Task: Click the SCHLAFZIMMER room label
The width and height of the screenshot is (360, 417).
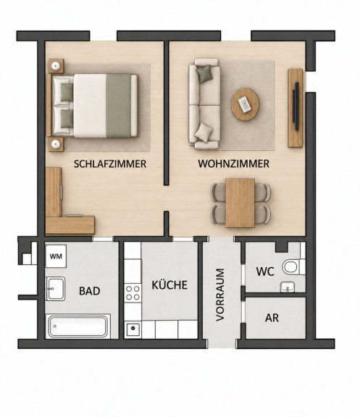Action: tap(110, 164)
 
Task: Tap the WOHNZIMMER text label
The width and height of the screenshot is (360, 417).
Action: tap(234, 164)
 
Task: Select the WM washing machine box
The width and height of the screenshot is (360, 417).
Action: tap(56, 256)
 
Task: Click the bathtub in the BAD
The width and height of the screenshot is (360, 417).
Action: tap(78, 327)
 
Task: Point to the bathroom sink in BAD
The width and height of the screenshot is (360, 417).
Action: tap(55, 289)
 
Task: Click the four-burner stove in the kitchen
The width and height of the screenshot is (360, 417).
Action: tap(133, 292)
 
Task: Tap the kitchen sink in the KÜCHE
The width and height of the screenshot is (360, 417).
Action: tap(133, 329)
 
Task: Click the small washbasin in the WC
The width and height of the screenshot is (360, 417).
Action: tap(288, 287)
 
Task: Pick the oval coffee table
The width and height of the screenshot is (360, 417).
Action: tap(245, 104)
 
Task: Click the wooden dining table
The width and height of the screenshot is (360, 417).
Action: tap(240, 203)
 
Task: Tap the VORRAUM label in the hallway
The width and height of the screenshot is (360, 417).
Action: tap(221, 295)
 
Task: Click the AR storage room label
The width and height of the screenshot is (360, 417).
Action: tap(272, 318)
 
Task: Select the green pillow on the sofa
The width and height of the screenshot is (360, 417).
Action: tap(205, 74)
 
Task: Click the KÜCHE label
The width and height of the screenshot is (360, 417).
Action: tap(169, 285)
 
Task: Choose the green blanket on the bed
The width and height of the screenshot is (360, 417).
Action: tap(118, 106)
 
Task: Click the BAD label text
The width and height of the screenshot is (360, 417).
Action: tap(90, 291)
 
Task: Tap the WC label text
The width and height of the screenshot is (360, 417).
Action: tap(265, 271)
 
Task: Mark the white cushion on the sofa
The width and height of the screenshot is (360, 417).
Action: tap(204, 132)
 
